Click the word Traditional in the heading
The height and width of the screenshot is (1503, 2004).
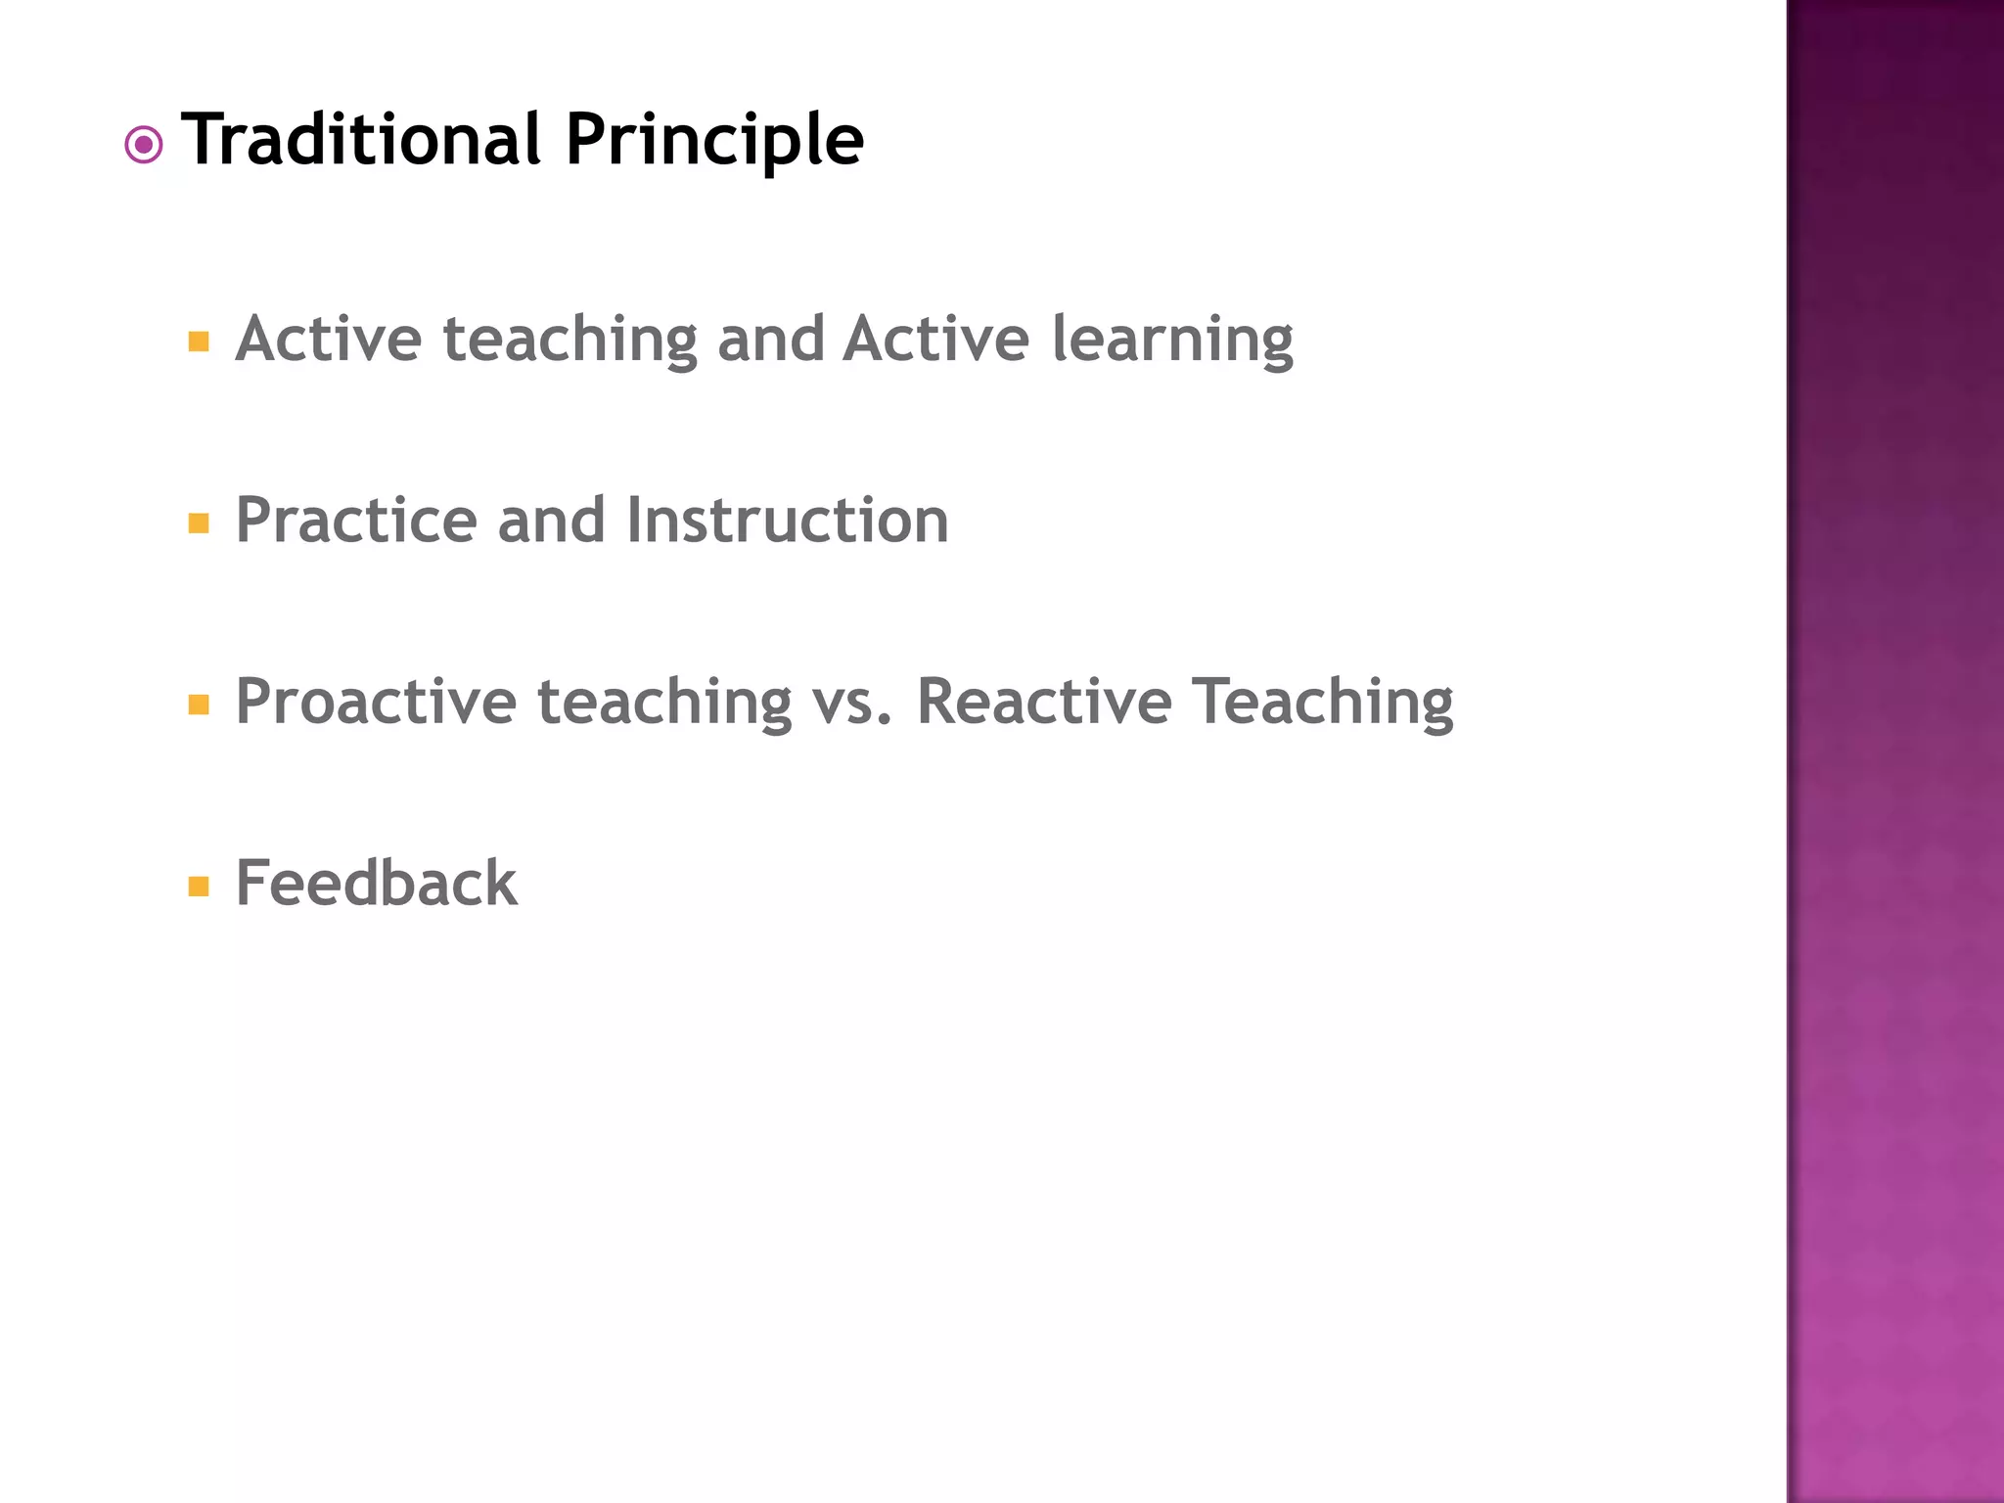pos(361,140)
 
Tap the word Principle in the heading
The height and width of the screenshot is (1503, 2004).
pos(714,140)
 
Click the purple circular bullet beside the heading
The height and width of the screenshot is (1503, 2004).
pos(144,146)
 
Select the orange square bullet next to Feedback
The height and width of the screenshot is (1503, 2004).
pos(199,887)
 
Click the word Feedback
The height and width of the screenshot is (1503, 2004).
pos(377,883)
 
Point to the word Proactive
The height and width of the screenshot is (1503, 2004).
pos(376,702)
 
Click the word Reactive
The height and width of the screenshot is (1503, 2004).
pos(1043,702)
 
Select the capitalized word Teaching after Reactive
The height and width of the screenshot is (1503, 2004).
pos(1322,702)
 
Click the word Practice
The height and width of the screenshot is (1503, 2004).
pos(356,520)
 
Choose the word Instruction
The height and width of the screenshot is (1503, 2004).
pos(788,520)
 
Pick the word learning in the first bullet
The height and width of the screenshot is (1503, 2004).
pos(1172,340)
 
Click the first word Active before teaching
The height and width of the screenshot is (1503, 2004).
pos(329,339)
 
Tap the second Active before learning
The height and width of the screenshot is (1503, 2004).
pos(936,339)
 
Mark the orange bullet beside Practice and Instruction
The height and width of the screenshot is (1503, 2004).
pos(199,524)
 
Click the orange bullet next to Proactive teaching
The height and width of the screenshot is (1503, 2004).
pos(199,705)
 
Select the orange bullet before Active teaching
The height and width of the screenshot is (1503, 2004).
pos(199,342)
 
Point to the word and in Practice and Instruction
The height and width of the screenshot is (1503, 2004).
pos(551,520)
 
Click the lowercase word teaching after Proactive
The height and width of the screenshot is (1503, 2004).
pos(664,702)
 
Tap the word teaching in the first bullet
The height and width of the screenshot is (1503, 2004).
pos(569,340)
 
